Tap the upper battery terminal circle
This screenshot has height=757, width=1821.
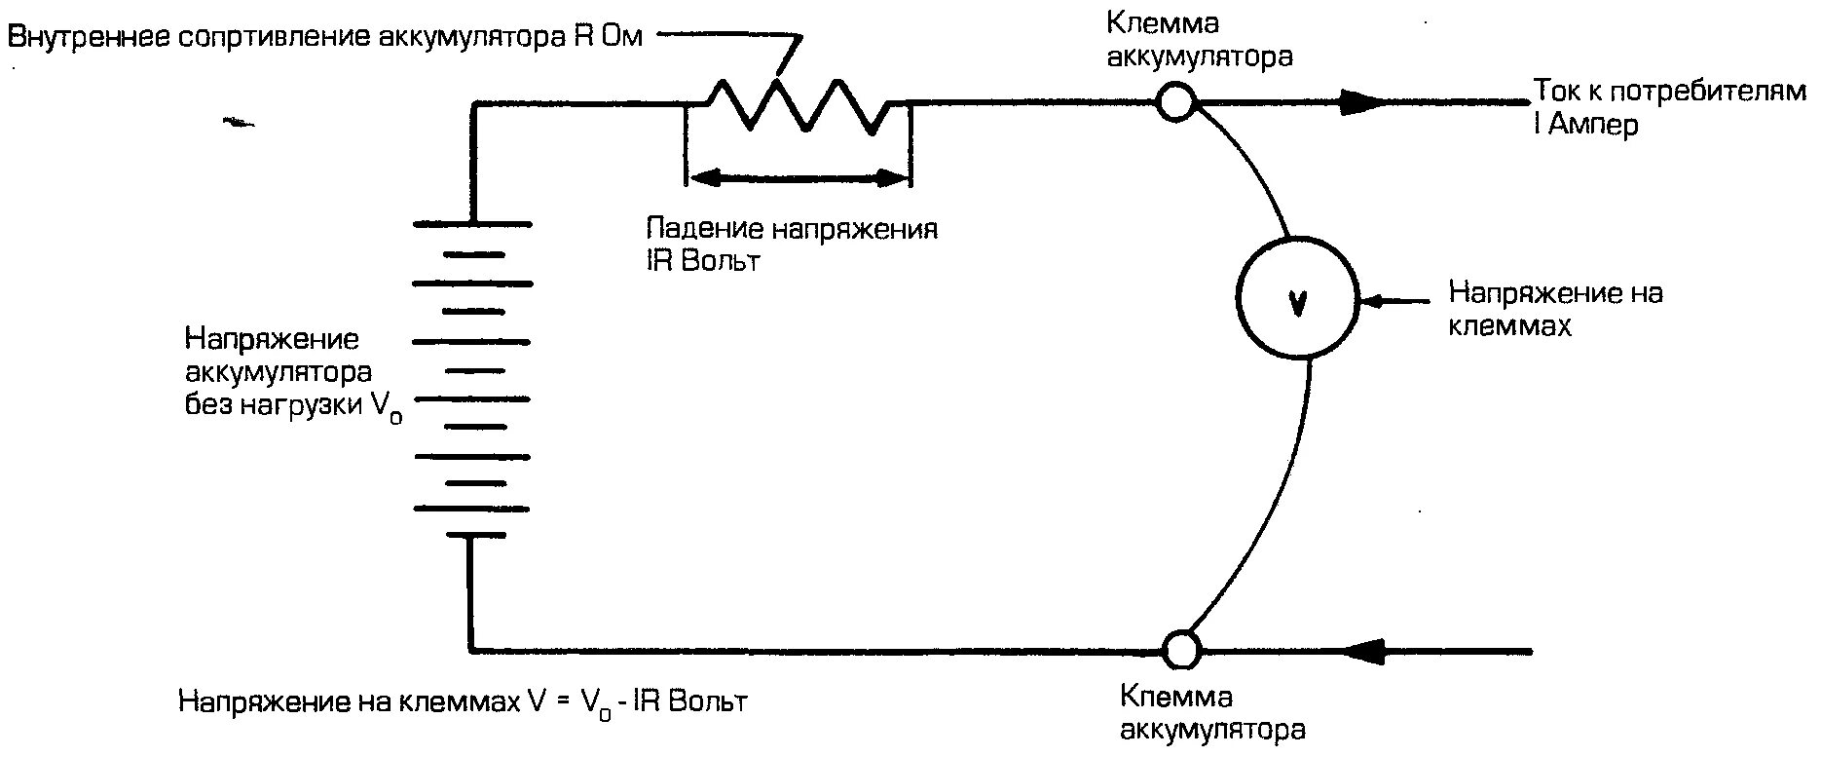click(x=1176, y=101)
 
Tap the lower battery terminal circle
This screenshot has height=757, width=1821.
click(x=1182, y=648)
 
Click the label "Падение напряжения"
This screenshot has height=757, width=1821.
click(x=792, y=230)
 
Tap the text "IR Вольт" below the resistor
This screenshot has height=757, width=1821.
click(x=701, y=262)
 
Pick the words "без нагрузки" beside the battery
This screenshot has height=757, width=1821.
click(x=276, y=405)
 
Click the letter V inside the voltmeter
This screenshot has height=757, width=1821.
click(x=1296, y=304)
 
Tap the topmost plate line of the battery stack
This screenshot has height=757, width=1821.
click(x=473, y=225)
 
